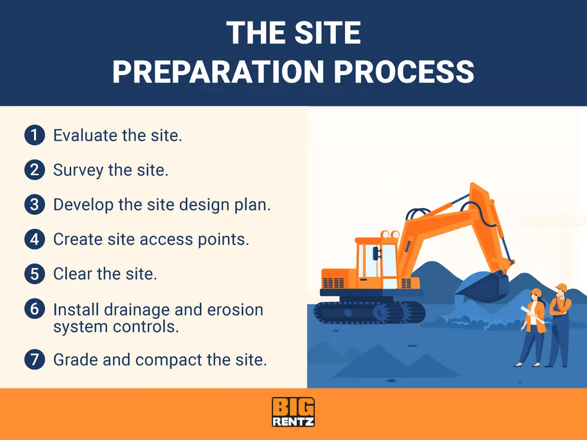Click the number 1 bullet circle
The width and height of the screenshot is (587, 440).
click(x=34, y=136)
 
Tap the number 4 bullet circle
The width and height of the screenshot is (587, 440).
click(x=34, y=239)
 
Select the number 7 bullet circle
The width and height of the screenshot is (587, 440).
click(x=34, y=360)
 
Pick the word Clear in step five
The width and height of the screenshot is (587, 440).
click(x=70, y=274)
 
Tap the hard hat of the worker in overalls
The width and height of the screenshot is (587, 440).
click(x=561, y=287)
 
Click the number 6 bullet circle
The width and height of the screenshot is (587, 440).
click(x=34, y=309)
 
